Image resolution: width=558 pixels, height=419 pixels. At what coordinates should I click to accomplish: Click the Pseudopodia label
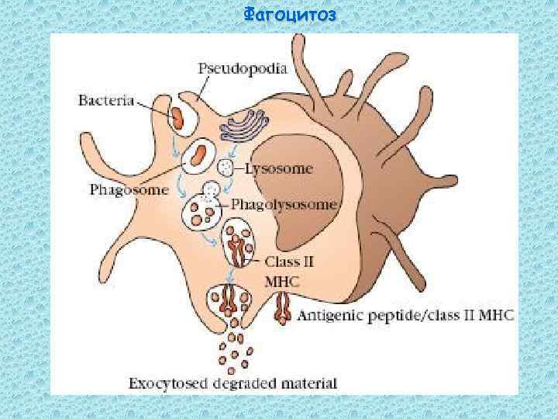[x=243, y=68]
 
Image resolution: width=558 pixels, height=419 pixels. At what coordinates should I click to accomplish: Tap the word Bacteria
[x=107, y=101]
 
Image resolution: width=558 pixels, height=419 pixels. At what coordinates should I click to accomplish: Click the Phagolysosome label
[x=285, y=205]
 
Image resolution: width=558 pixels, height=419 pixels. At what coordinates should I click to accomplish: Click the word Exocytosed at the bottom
[x=161, y=383]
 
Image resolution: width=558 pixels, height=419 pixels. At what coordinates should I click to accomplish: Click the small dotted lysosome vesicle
[x=226, y=168]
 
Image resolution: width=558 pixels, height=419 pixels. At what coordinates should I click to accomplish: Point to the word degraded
[x=240, y=383]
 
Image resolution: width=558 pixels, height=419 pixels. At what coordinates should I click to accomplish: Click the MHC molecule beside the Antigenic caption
[x=283, y=308]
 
